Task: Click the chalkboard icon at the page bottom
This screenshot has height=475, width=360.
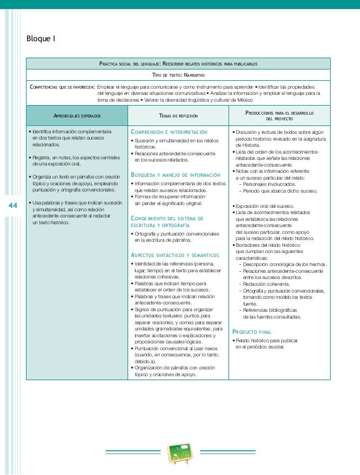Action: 181,452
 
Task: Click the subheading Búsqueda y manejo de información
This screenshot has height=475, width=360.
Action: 173,175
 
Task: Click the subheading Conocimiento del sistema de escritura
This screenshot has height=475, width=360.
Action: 167,221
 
